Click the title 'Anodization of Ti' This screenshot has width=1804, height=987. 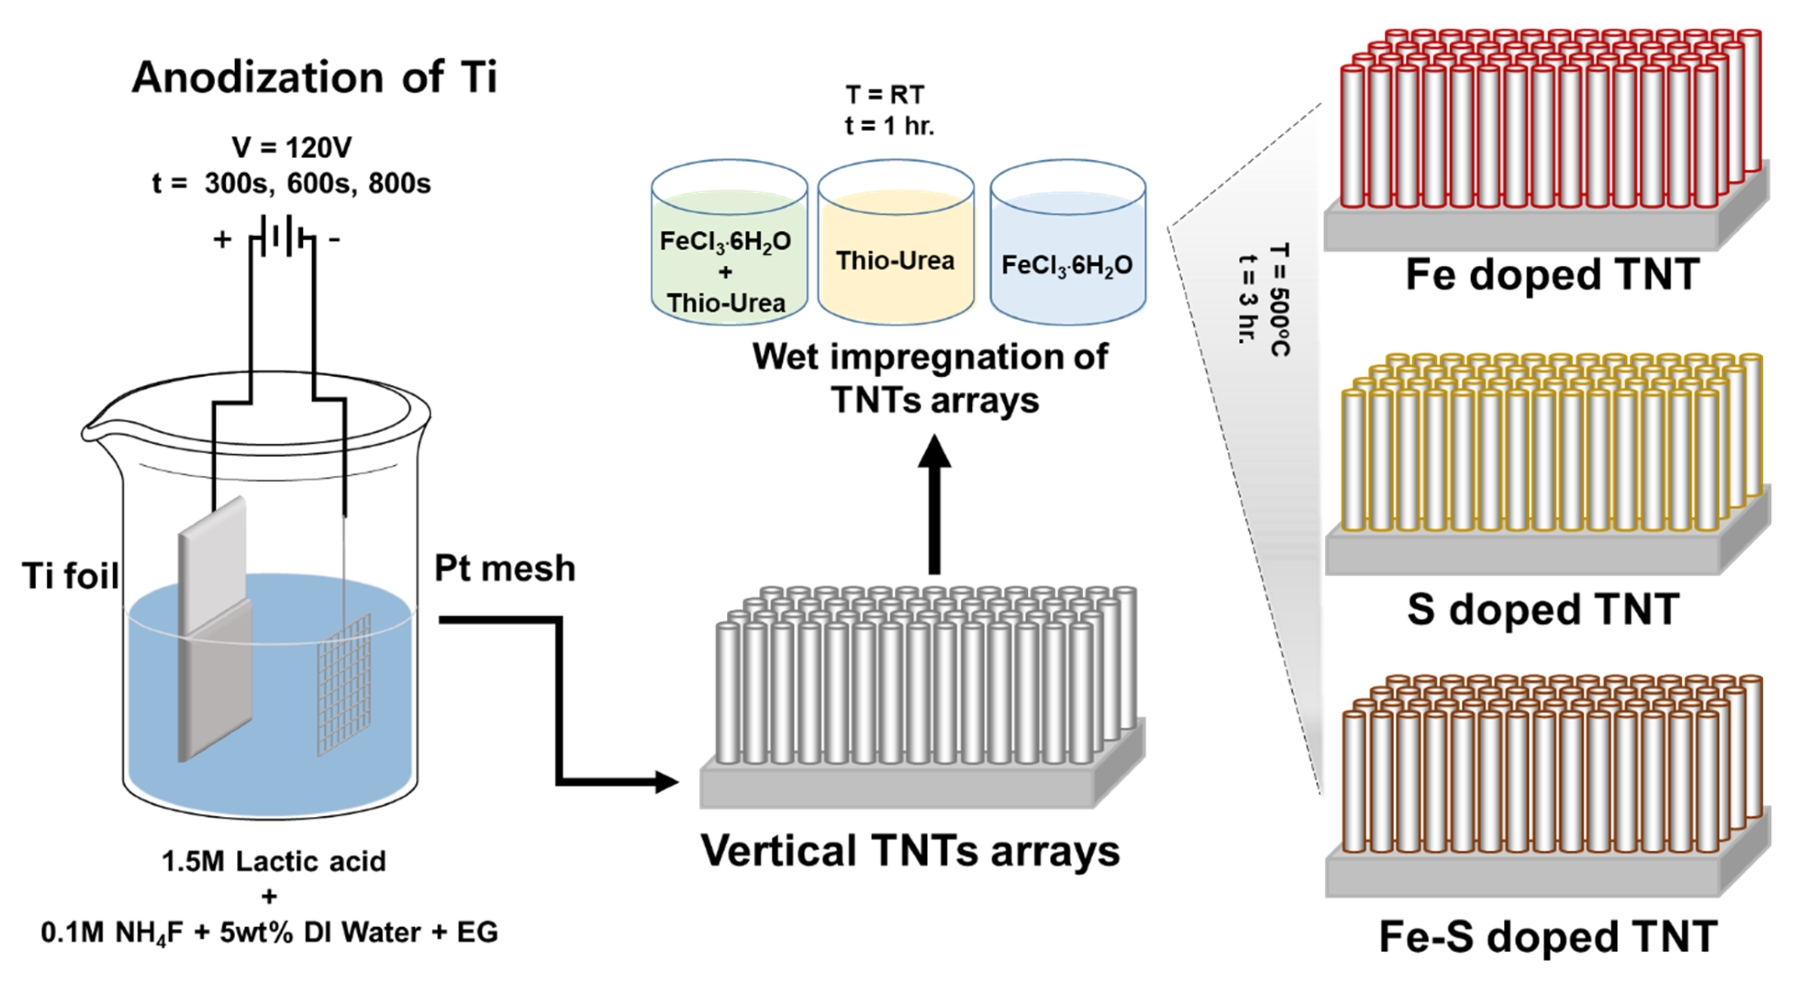314,77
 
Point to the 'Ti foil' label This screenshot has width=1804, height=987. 70,576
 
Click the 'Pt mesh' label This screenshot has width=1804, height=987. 504,568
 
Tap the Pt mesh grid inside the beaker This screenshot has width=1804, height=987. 344,683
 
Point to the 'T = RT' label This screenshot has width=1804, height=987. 885,95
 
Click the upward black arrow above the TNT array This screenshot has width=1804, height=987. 934,504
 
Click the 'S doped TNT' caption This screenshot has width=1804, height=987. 1543,609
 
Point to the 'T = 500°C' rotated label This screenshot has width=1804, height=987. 1280,300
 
